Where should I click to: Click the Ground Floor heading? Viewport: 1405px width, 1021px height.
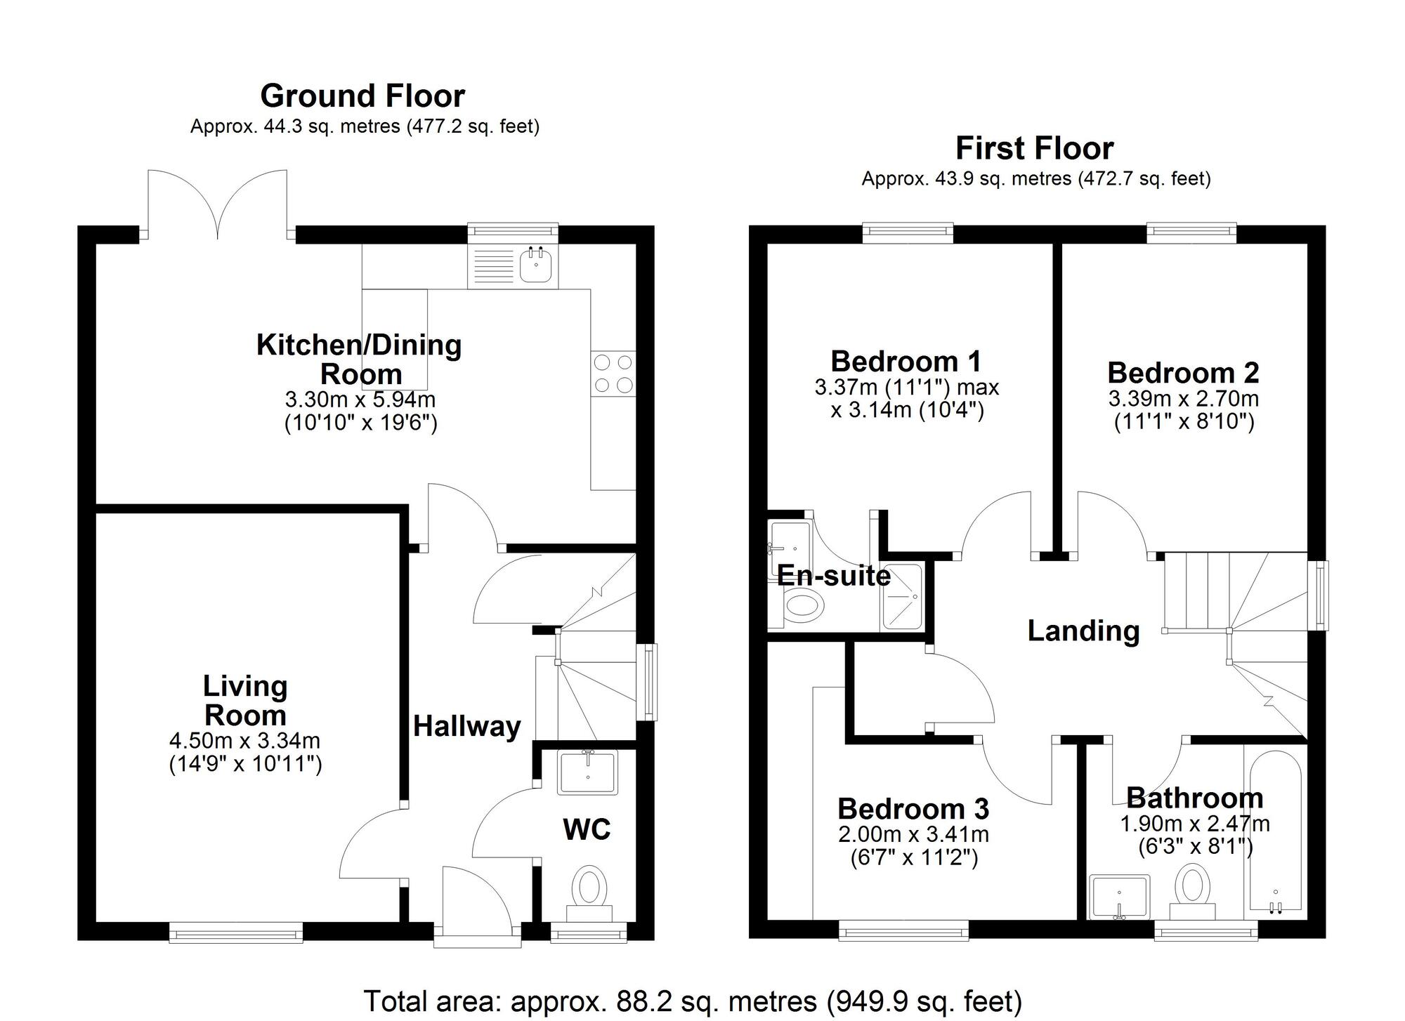point(362,96)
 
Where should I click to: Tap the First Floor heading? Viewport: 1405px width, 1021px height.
point(1035,149)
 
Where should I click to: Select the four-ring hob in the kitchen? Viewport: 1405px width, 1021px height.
point(613,374)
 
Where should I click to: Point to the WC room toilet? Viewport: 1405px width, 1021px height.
point(589,893)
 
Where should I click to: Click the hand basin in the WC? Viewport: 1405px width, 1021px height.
point(587,772)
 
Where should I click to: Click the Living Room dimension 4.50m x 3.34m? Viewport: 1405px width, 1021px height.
point(244,741)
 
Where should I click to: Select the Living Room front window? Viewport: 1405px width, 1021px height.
point(236,933)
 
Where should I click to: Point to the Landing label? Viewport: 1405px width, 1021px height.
point(1083,631)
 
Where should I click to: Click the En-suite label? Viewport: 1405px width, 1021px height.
point(834,576)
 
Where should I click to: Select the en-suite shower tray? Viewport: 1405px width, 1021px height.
point(902,597)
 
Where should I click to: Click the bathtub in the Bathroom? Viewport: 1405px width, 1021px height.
point(1275,832)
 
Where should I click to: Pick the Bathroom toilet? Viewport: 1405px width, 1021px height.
point(1193,892)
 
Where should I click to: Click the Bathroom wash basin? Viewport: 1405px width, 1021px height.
point(1119,897)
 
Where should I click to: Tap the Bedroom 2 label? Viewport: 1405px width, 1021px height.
point(1183,372)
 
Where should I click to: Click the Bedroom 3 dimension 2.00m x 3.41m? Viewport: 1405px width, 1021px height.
point(913,835)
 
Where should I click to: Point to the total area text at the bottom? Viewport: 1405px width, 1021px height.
point(693,1001)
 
